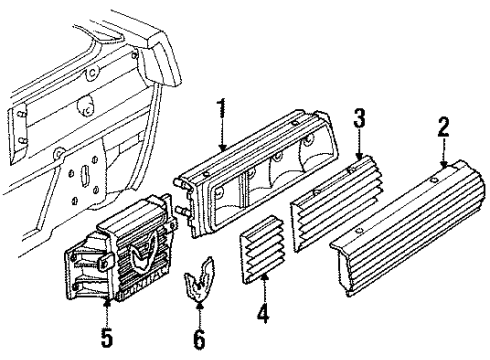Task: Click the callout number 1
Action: (x=222, y=109)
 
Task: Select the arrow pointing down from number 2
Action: (x=442, y=157)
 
